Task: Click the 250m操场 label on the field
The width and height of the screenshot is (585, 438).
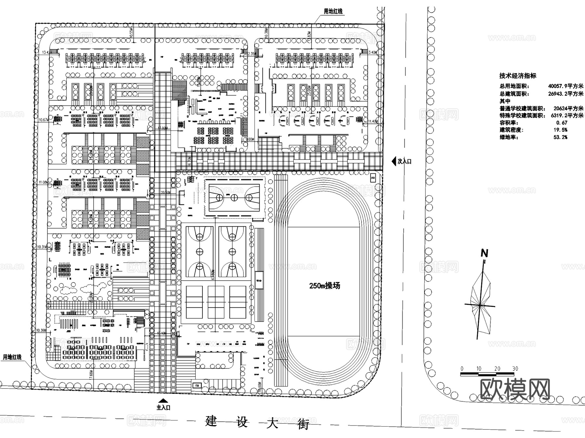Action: (324, 286)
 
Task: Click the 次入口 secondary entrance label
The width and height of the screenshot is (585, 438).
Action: (404, 161)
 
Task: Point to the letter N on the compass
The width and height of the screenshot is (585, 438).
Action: (484, 253)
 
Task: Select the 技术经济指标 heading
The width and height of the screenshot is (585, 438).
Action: (518, 76)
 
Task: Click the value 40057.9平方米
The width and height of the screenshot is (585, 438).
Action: (565, 86)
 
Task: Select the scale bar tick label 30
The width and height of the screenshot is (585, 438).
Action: (515, 369)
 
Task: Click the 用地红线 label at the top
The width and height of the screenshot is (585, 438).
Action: (333, 11)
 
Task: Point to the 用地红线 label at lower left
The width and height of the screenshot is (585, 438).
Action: (12, 357)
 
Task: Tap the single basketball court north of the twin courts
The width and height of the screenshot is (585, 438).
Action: (234, 197)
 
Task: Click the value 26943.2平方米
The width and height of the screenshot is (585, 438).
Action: (565, 94)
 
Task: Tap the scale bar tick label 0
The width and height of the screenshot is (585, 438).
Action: (462, 369)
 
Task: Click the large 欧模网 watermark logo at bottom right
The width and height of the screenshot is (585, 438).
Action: (515, 389)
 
